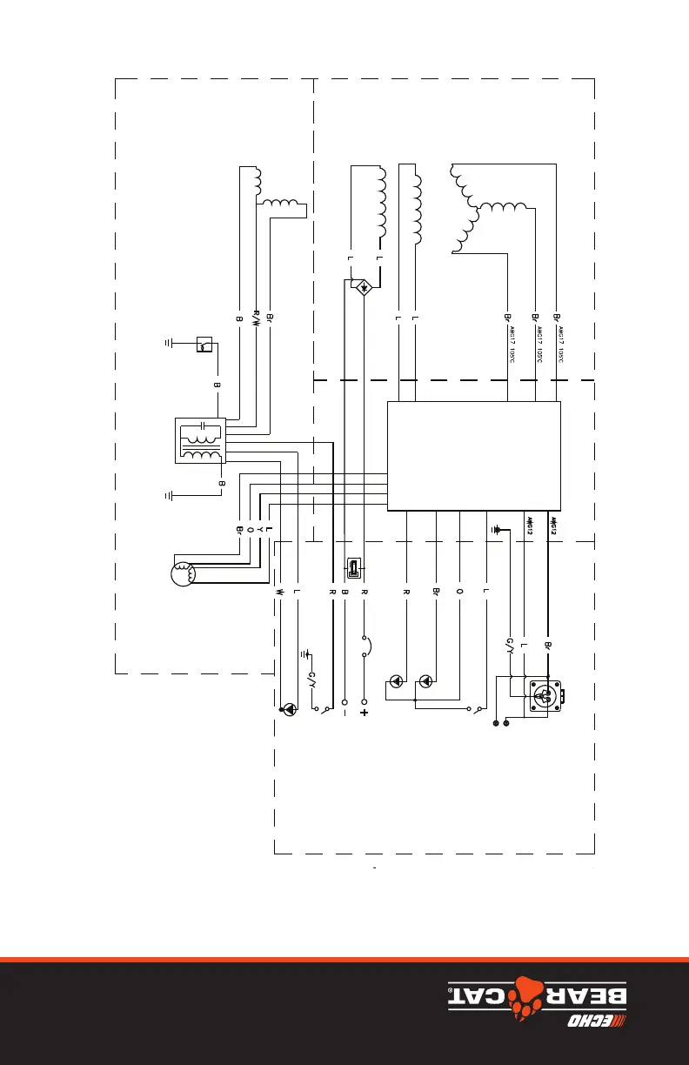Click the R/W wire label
256,317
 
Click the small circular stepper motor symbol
182,574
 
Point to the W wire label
280,592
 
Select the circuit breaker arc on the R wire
369,646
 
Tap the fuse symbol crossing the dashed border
355,568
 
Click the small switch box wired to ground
203,345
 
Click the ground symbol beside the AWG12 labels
497,528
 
